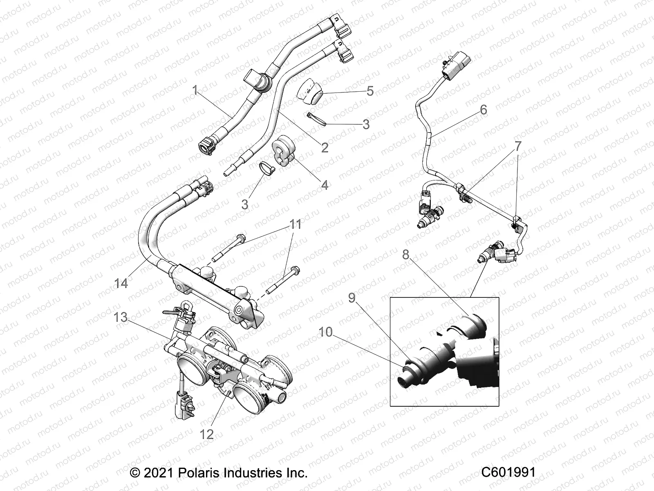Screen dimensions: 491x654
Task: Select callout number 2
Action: coord(325,147)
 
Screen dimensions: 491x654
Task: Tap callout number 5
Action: coord(381,91)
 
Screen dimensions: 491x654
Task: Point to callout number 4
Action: coord(325,185)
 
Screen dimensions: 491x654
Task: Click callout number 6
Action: coord(484,110)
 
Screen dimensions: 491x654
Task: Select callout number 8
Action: coord(405,255)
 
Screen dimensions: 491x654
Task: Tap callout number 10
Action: coord(326,332)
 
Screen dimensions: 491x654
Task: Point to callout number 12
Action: coord(207,434)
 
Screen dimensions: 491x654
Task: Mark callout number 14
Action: coord(121,283)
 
